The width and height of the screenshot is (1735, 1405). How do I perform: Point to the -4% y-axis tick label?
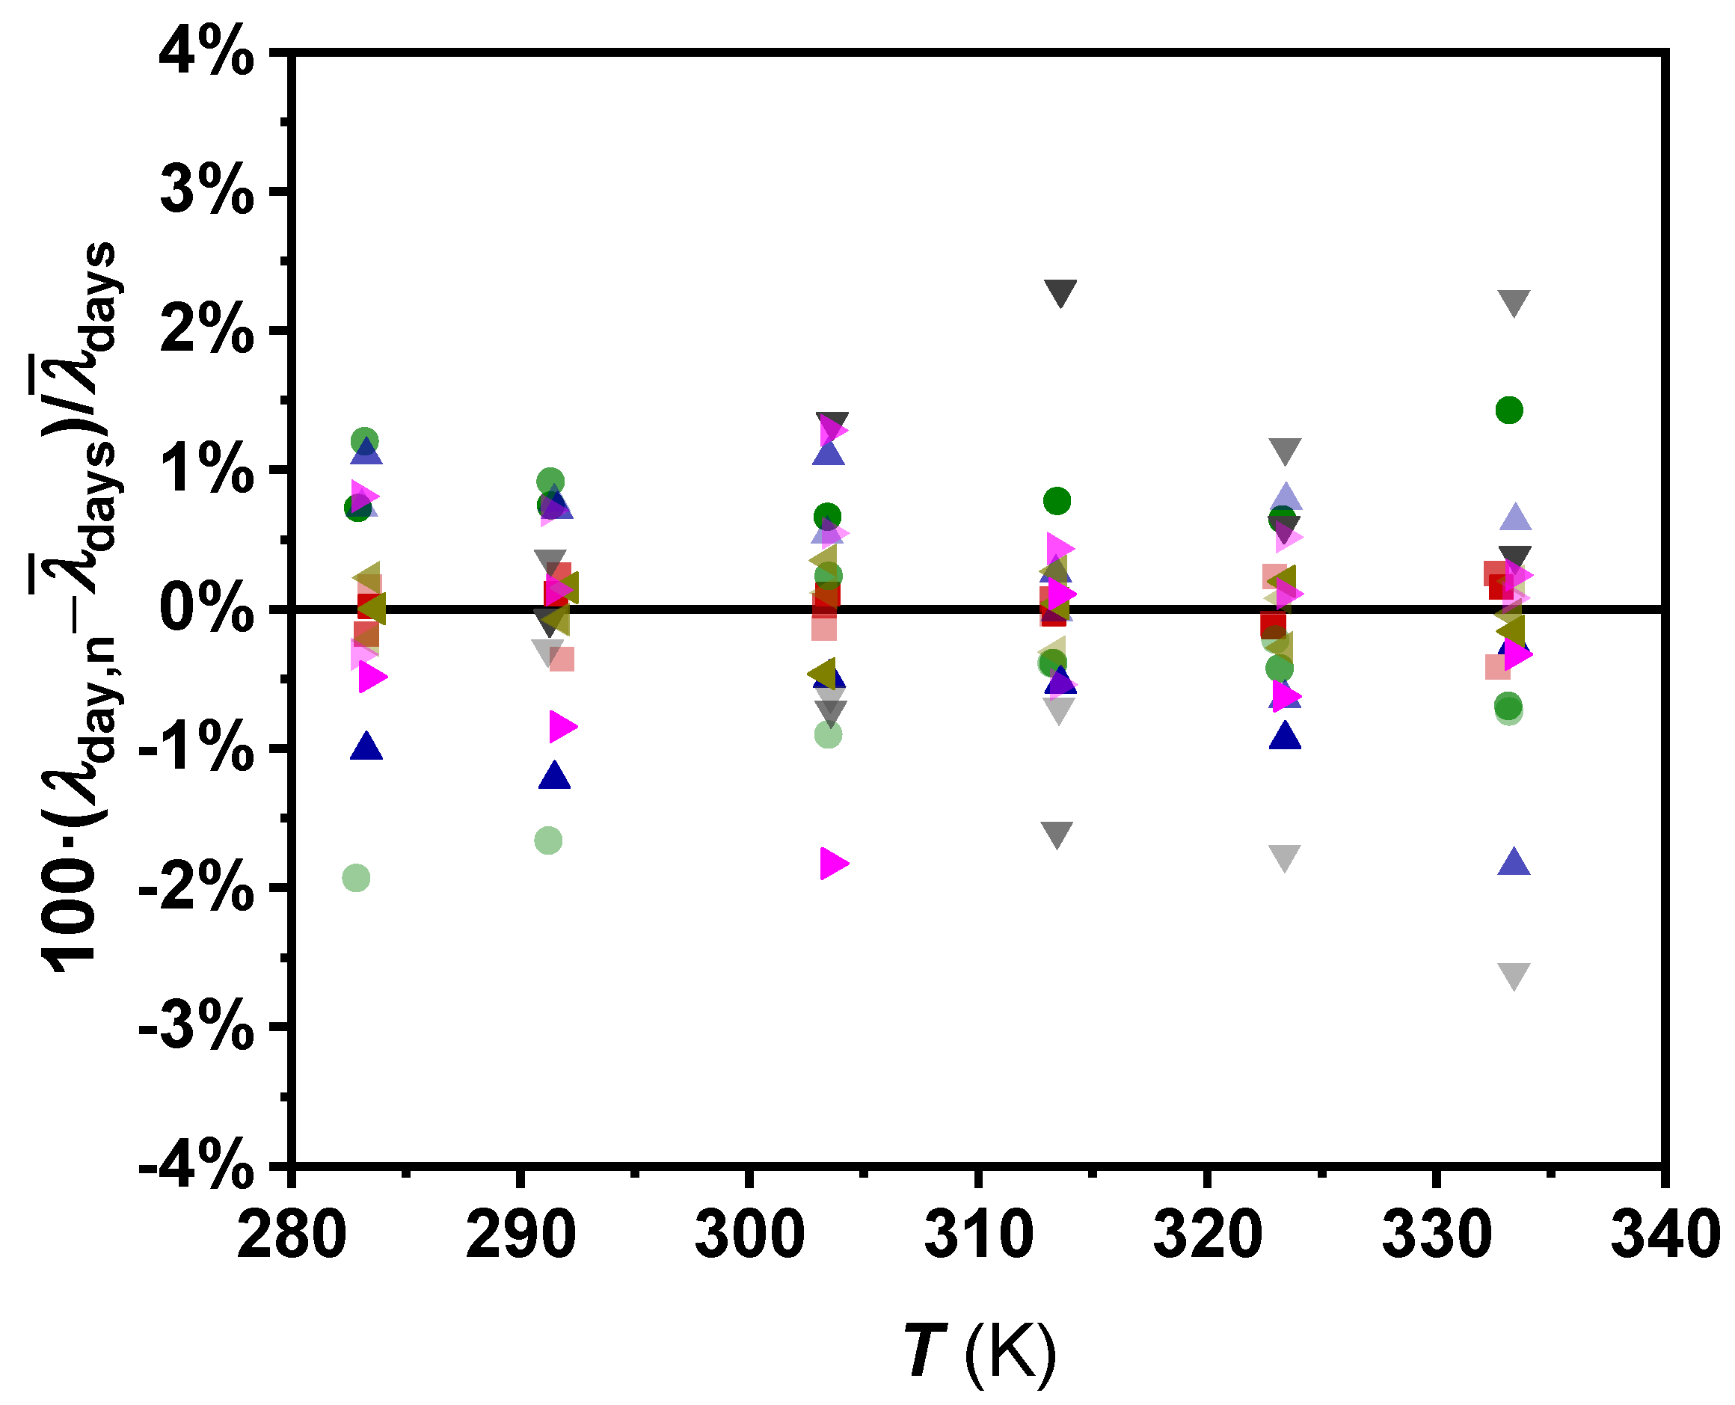[197, 1166]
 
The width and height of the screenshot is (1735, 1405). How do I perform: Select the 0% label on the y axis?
[207, 609]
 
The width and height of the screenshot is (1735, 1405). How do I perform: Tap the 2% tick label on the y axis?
[207, 331]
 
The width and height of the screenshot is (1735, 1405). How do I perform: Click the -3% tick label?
[197, 1028]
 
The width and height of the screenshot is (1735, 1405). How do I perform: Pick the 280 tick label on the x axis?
[292, 1235]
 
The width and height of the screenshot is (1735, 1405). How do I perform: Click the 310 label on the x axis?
[978, 1235]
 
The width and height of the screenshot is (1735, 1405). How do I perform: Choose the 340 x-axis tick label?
[1665, 1235]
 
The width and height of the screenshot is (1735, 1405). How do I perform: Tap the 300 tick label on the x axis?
[749, 1235]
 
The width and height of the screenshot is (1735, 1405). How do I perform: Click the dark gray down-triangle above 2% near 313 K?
[1060, 292]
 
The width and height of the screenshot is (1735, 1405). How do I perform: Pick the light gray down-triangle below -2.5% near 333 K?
[1514, 975]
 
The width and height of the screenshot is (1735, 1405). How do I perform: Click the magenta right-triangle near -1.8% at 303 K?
[832, 864]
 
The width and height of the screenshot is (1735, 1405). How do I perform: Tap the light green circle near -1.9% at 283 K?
[356, 877]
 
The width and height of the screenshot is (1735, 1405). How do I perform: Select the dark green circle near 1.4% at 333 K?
[1509, 411]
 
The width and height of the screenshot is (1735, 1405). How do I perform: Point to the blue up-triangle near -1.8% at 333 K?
[1514, 863]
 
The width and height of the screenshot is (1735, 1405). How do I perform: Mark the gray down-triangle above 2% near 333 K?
[1514, 302]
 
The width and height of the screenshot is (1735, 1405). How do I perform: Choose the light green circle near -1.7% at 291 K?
[549, 841]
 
